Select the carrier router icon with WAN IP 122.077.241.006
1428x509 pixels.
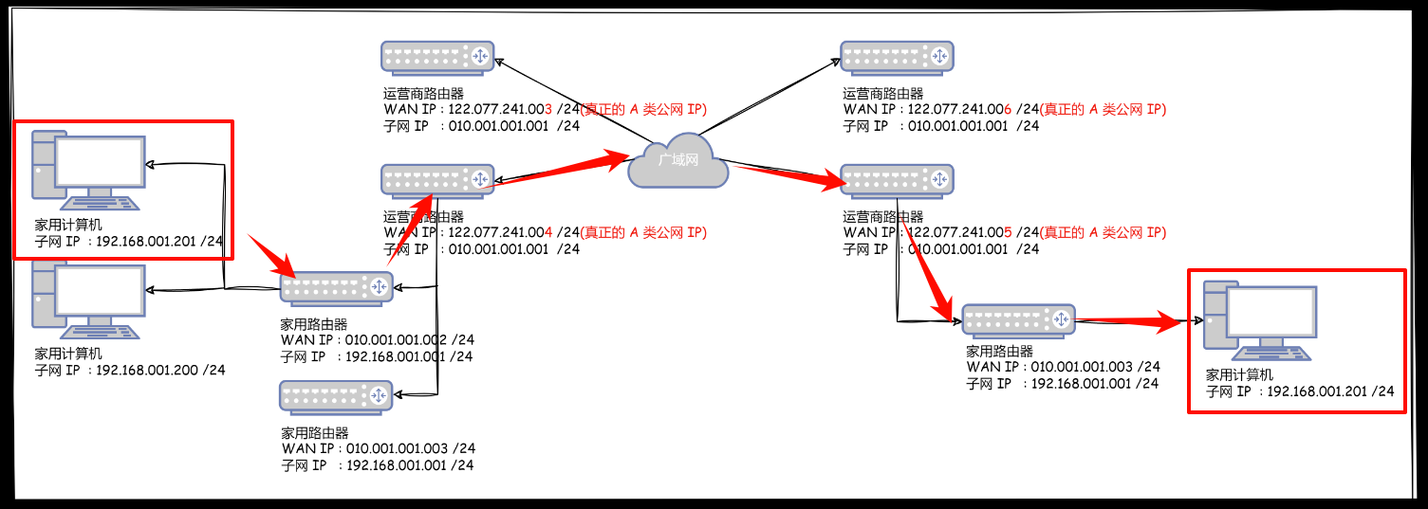(897, 57)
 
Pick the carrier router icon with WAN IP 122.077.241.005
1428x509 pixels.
(897, 179)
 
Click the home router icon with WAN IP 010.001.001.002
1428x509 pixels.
(336, 287)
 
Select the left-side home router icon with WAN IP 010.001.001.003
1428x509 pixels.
(336, 395)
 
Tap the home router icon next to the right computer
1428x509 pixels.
(1018, 320)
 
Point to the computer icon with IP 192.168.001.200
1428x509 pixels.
(88, 300)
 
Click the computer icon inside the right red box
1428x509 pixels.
(1259, 320)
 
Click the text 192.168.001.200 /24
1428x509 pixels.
(161, 371)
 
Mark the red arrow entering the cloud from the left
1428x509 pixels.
(560, 170)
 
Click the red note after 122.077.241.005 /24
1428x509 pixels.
(1103, 232)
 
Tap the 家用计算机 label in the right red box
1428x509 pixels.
(1237, 375)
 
